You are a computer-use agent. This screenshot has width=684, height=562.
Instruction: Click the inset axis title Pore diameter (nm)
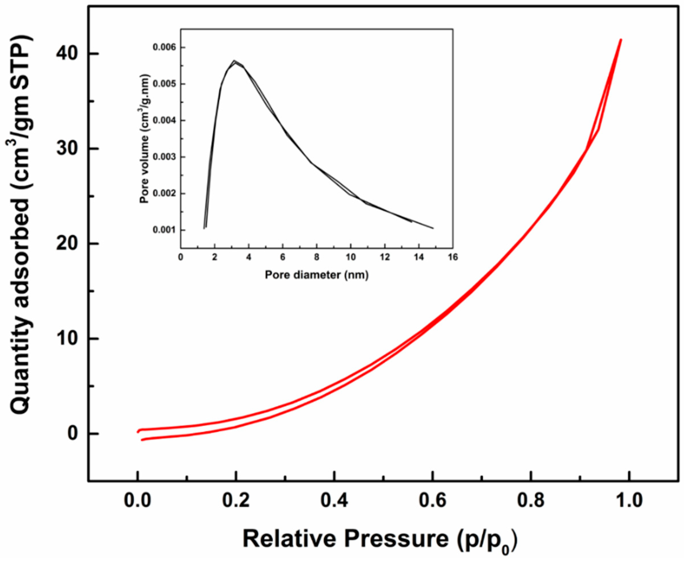tap(317, 275)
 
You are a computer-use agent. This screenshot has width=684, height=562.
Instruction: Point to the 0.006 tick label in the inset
tap(165, 48)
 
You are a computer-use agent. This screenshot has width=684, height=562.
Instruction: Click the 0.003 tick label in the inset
tap(165, 157)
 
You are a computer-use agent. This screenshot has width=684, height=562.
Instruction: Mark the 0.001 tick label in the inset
tap(165, 230)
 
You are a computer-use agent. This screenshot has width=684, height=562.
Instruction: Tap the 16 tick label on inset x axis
tap(453, 257)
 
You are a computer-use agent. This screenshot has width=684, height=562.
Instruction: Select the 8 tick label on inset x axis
tap(317, 257)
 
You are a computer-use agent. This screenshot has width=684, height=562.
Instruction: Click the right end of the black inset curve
tap(433, 228)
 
